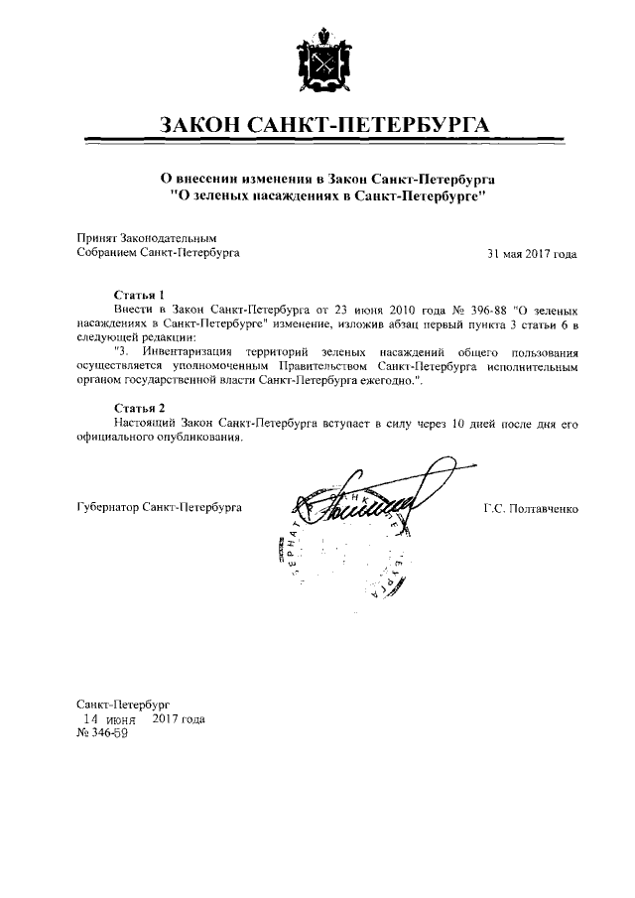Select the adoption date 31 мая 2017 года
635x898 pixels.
pos(532,253)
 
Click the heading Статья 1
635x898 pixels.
pos(137,297)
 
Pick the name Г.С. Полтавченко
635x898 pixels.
pos(531,509)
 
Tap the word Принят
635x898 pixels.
pos(96,239)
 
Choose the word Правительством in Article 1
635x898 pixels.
pos(309,366)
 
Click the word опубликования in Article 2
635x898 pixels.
pos(190,437)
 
